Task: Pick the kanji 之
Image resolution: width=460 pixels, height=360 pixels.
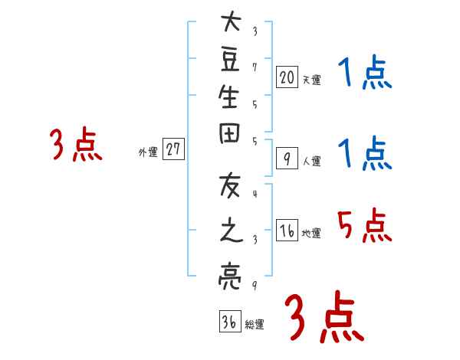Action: tap(230, 231)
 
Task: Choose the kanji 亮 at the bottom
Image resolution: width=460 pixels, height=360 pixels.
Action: tap(230, 274)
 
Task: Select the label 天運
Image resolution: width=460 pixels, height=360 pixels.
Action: tap(311, 80)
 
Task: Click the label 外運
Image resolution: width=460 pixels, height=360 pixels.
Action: tap(148, 152)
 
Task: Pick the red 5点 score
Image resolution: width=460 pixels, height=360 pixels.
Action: tap(363, 225)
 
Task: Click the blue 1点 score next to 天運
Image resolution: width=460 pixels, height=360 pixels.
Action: tap(365, 74)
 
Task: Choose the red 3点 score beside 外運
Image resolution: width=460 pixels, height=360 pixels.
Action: tap(76, 146)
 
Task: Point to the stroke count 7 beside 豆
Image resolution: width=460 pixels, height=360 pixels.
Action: tap(255, 67)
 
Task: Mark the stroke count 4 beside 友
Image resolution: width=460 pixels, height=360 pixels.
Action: tap(255, 193)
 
